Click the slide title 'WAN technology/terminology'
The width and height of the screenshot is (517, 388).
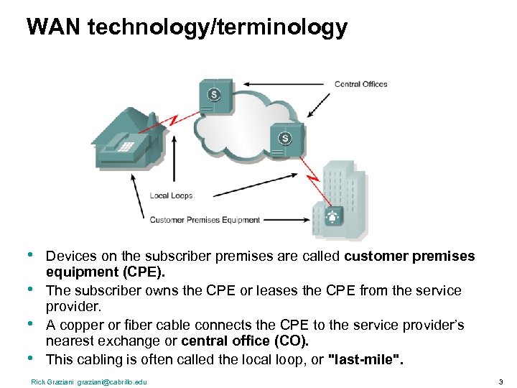[x=187, y=28]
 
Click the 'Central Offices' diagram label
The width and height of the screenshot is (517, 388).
[x=360, y=84]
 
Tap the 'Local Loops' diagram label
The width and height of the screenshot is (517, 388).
[x=171, y=195]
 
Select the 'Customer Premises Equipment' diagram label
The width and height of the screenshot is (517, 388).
[x=205, y=220]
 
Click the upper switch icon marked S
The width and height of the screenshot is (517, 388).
[x=215, y=96]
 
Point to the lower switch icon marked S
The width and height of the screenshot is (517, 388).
[x=285, y=139]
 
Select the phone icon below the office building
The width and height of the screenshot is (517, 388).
[x=332, y=215]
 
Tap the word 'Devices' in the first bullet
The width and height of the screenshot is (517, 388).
[x=67, y=257]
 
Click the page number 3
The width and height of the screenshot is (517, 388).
[x=500, y=382]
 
